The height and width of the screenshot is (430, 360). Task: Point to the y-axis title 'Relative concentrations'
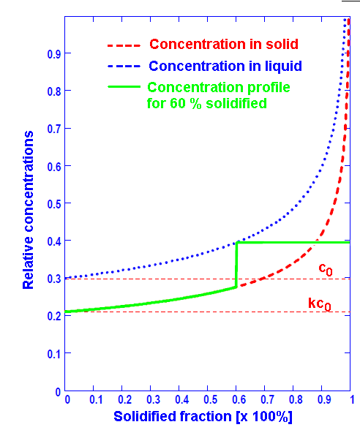(x=29, y=211)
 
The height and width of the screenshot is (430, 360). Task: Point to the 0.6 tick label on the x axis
(x=236, y=401)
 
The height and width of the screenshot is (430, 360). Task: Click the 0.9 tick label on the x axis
(x=322, y=401)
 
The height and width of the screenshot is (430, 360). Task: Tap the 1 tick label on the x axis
(x=350, y=401)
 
